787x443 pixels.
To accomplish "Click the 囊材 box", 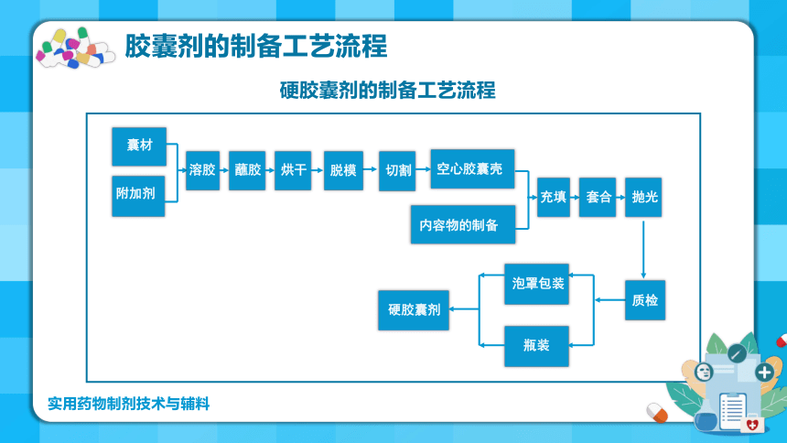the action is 139,146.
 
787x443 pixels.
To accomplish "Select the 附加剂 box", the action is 138,196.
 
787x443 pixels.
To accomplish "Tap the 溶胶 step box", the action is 203,170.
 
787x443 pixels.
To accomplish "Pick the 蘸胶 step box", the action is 247,170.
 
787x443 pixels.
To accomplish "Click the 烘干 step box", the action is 293,170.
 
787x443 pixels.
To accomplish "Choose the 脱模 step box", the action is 343,170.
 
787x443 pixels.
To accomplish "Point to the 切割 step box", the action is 397,171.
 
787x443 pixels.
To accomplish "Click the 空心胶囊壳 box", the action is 472,168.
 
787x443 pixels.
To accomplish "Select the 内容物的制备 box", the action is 463,224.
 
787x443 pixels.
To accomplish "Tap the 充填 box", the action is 554,197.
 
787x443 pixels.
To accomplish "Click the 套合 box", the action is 598,197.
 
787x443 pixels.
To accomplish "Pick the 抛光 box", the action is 643,197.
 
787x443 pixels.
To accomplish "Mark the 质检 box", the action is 645,300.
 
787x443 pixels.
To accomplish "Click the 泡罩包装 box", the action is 536,284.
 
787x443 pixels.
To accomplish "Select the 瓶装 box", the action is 536,346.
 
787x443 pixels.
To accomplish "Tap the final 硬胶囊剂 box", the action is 414,310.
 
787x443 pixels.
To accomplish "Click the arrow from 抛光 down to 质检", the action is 643,250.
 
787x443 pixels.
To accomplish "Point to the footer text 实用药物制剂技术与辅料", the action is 128,404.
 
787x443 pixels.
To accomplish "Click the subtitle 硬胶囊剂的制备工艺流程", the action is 387,91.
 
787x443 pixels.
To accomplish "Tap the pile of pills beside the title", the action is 75,49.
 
